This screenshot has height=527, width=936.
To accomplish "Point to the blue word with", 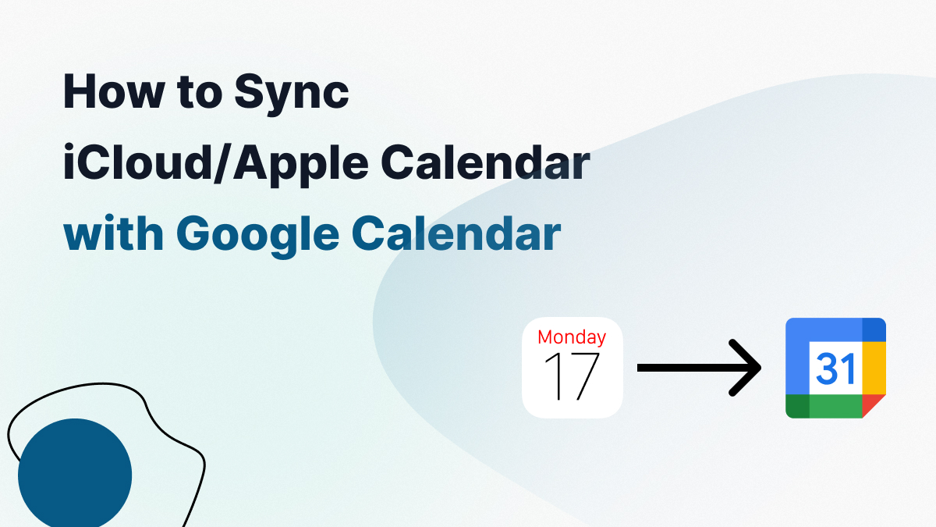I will click(x=112, y=233).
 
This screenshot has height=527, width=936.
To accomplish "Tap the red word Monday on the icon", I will click(x=572, y=337).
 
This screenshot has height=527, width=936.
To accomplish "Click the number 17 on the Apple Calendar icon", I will click(x=572, y=376).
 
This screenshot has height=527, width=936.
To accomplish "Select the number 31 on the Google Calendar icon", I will click(x=836, y=369).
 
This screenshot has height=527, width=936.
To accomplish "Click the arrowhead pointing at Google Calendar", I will click(x=749, y=367).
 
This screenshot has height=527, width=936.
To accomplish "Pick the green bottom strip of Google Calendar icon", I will click(x=835, y=406).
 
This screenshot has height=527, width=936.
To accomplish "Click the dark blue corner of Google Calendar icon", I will click(x=874, y=329).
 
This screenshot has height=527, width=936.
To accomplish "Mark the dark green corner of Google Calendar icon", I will click(x=797, y=406).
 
